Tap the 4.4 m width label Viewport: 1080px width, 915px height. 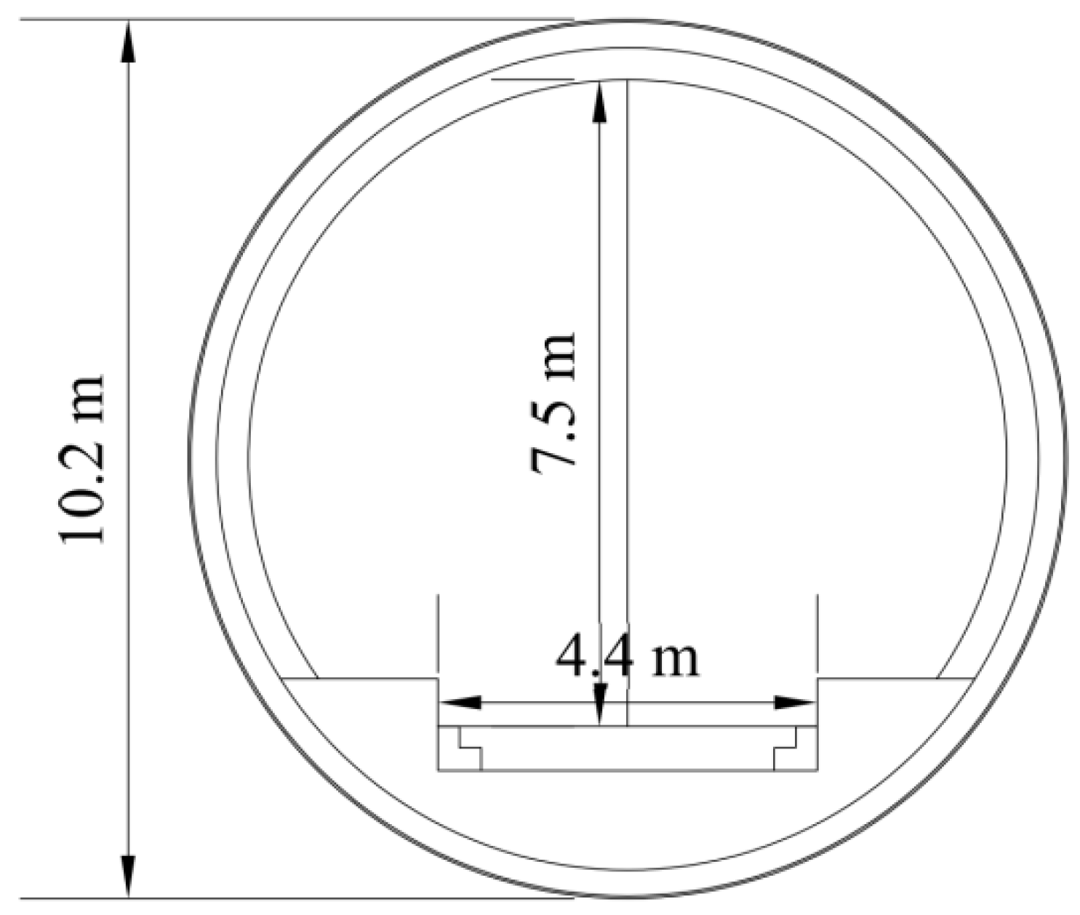point(627,659)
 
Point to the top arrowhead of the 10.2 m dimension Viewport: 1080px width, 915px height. point(128,40)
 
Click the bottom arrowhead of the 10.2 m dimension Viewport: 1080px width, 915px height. point(128,877)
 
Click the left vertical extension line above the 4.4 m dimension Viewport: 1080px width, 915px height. point(437,633)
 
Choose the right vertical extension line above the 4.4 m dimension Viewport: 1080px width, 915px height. point(817,633)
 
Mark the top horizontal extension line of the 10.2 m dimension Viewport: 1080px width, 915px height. point(291,20)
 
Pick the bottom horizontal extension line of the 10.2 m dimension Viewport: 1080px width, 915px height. point(291,898)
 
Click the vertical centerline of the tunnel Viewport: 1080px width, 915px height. point(627,291)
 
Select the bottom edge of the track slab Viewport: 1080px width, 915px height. point(627,770)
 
